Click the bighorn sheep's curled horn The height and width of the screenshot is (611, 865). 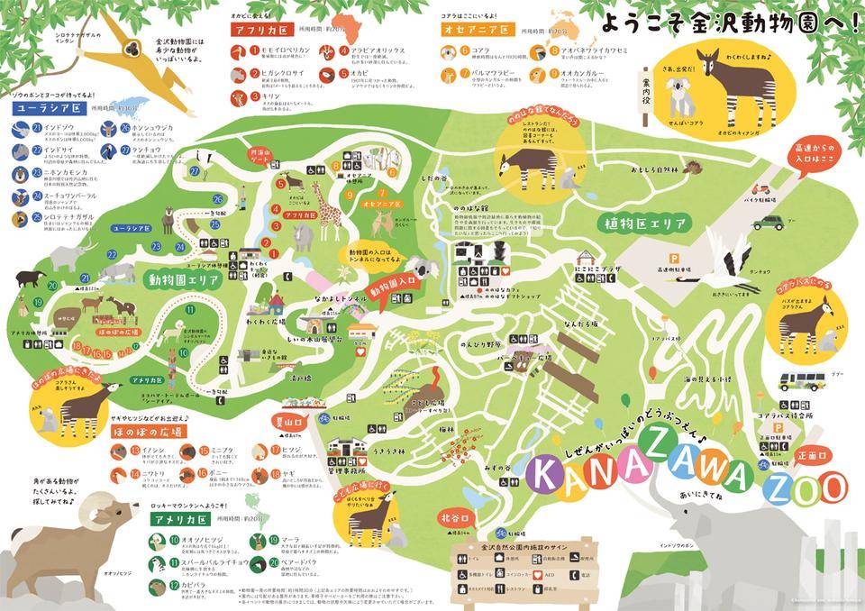[x=101, y=512]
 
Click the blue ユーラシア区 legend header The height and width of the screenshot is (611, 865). [x=43, y=108]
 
